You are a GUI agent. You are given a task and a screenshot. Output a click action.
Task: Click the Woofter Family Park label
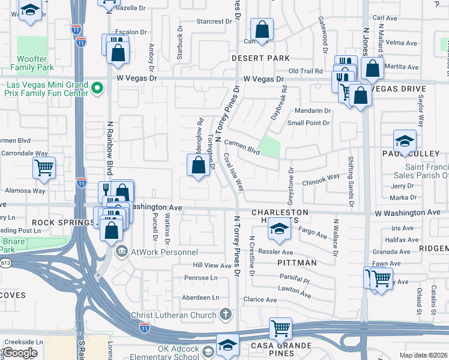[36, 63]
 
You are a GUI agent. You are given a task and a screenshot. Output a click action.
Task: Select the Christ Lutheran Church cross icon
[226, 314]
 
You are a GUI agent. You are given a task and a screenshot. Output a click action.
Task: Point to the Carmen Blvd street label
[243, 147]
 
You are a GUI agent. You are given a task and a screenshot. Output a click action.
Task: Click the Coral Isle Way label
[234, 171]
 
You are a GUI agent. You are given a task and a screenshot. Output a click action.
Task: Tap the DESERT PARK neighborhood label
[262, 58]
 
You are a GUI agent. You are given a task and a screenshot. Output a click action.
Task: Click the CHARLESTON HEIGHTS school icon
[279, 228]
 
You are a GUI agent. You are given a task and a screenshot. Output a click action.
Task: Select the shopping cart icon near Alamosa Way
[44, 168]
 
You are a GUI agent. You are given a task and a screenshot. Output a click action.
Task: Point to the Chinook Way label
[321, 180]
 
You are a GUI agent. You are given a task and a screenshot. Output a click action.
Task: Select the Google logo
[20, 352]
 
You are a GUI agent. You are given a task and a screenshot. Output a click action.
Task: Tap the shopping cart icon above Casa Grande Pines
[280, 328]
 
